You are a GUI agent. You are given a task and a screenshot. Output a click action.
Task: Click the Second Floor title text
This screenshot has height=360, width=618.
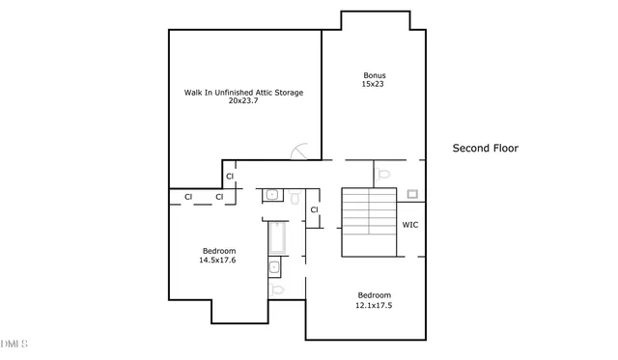tap(486, 149)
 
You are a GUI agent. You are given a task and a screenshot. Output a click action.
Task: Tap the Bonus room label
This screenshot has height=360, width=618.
tap(374, 75)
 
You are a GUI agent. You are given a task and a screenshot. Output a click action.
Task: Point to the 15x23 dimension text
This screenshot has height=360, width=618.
tap(374, 85)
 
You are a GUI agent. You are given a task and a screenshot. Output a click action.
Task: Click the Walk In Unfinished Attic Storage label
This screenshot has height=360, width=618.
tap(244, 93)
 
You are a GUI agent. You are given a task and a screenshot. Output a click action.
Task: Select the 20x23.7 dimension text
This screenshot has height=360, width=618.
tap(244, 101)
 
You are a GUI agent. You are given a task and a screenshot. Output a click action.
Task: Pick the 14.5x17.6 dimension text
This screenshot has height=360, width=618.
tap(218, 261)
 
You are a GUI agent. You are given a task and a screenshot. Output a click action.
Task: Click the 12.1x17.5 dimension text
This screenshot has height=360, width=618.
tap(375, 305)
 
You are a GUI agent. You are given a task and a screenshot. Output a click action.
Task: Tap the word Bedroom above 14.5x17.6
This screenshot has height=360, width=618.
tap(218, 251)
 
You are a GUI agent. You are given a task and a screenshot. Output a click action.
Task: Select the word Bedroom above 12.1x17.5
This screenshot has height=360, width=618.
tap(375, 295)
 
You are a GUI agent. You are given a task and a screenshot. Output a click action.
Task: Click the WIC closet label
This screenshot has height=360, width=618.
tap(409, 226)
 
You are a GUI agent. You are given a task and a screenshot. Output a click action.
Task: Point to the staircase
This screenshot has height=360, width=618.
tap(371, 222)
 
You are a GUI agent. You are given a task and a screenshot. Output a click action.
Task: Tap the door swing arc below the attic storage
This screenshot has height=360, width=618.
tap(298, 151)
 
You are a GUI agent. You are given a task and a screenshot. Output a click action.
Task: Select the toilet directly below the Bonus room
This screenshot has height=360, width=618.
tap(384, 175)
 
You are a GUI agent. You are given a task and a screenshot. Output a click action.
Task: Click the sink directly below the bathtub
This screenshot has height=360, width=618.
tap(275, 267)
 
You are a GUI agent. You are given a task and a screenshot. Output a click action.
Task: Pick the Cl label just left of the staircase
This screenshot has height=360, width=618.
tap(315, 210)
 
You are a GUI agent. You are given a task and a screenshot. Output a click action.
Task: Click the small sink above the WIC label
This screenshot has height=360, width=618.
tap(410, 193)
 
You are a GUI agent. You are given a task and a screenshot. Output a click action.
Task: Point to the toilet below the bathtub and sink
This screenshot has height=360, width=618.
tap(277, 289)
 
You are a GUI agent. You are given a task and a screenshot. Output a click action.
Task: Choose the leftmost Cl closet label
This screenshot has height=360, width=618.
tap(189, 197)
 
